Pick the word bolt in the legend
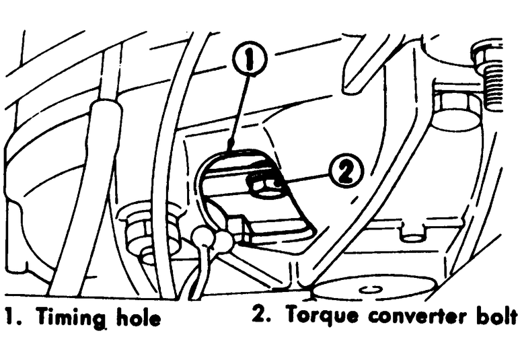pos(494,315)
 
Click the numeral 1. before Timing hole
pos(11,316)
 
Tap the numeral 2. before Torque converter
pos(260,315)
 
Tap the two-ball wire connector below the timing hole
pos(213,238)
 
